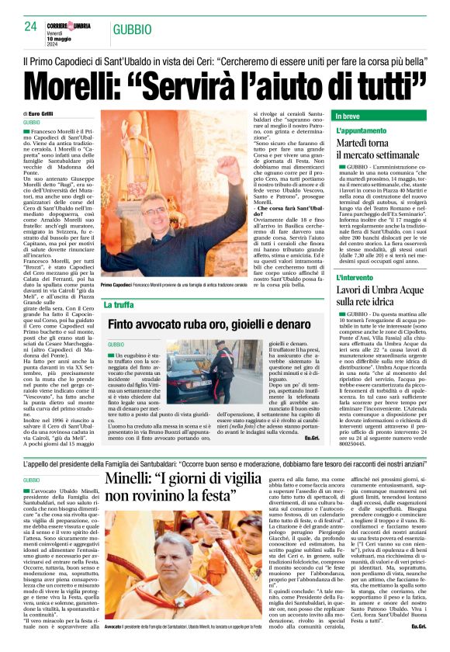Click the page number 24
[31, 26]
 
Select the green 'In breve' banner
[380, 116]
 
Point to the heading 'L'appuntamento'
[360, 132]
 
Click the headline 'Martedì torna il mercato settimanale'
[373, 152]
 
